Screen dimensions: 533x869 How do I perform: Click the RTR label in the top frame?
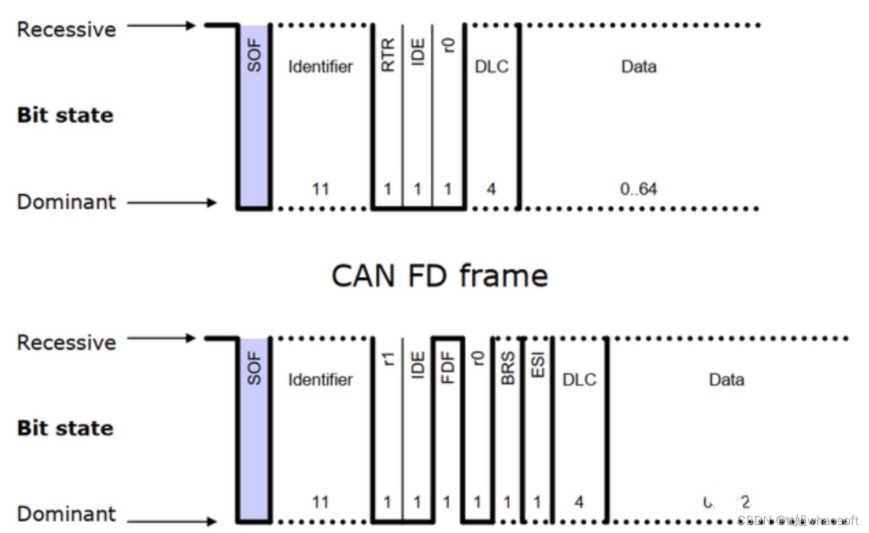[x=388, y=55]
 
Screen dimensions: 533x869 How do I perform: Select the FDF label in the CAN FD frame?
[x=448, y=367]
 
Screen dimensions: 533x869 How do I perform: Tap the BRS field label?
[x=508, y=368]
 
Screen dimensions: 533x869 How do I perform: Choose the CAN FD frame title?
[x=439, y=275]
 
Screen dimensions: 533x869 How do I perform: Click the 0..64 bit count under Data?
[x=638, y=189]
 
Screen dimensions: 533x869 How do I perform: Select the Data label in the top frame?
[x=638, y=66]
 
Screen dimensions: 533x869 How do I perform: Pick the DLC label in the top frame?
[x=491, y=66]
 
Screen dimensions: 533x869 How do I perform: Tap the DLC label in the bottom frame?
[x=579, y=380]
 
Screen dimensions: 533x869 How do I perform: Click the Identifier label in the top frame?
[x=320, y=66]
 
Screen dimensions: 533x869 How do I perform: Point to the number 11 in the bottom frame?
[x=320, y=502]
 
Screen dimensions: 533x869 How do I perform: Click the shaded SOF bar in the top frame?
[x=254, y=116]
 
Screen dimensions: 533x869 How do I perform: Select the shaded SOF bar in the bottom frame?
[x=254, y=428]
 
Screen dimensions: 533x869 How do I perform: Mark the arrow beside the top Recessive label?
[x=162, y=26]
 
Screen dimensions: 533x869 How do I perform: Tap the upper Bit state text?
[x=65, y=115]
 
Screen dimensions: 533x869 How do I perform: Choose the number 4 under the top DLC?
[x=491, y=189]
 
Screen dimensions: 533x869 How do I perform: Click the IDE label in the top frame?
[x=417, y=52]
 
